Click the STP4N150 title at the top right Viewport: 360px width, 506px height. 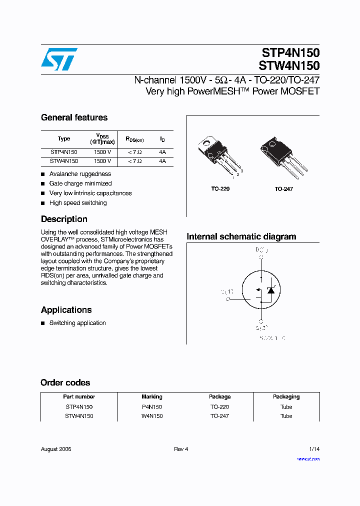click(x=290, y=53)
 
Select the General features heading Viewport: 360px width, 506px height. click(x=74, y=117)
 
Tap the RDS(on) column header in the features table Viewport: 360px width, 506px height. click(x=134, y=139)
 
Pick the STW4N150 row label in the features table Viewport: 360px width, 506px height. click(x=64, y=161)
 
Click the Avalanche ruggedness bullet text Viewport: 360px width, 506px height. click(x=80, y=174)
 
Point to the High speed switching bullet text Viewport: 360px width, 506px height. click(x=78, y=203)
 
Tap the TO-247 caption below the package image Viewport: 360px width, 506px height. click(x=283, y=189)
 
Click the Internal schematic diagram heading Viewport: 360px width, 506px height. click(x=241, y=236)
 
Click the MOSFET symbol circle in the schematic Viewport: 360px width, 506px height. click(x=260, y=289)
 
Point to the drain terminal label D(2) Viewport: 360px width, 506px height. click(x=261, y=249)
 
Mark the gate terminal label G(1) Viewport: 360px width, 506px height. click(x=227, y=291)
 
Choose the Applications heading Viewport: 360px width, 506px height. click(x=66, y=310)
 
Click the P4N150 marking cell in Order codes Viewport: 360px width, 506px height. click(x=152, y=407)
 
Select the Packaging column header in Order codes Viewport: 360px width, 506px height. click(x=286, y=396)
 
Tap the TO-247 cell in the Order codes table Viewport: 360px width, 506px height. click(x=220, y=416)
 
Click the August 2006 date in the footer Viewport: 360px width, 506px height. click(x=56, y=449)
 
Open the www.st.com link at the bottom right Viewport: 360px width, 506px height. click(x=308, y=458)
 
